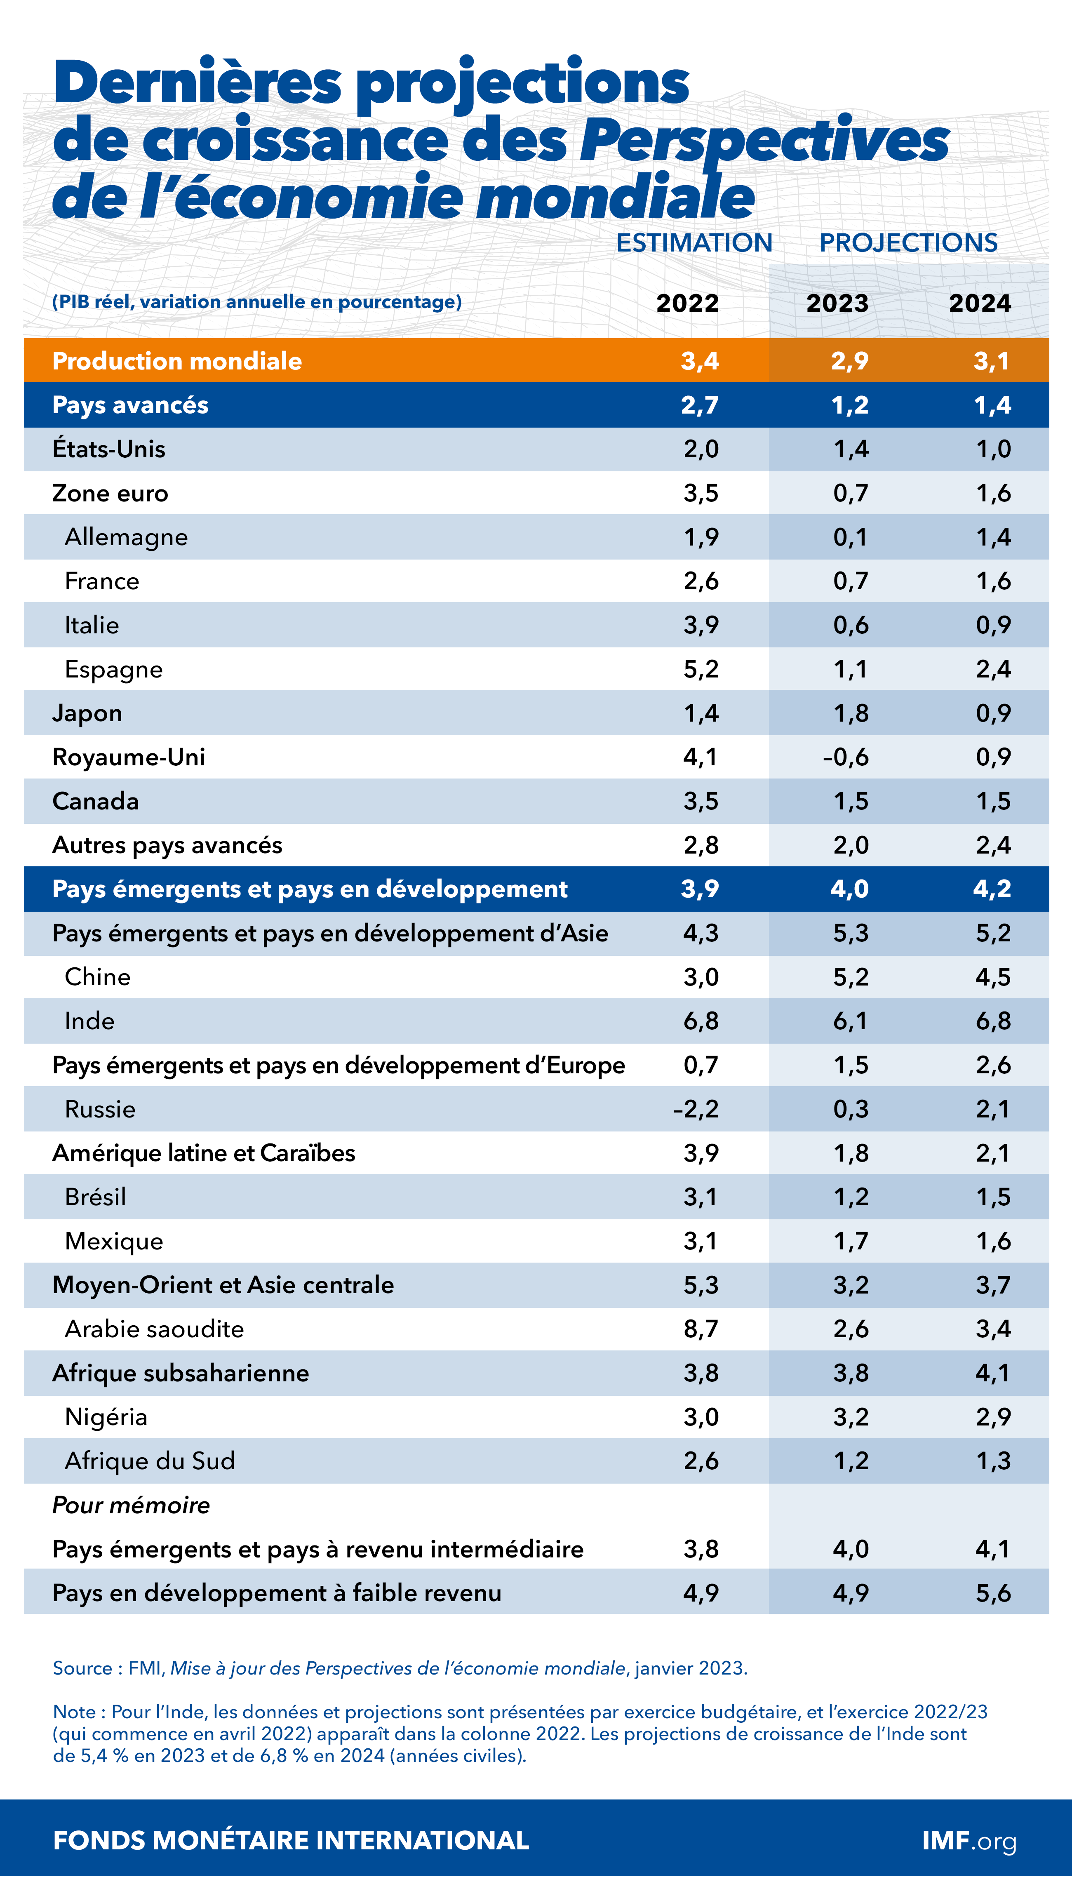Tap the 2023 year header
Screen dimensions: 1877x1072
[x=837, y=303]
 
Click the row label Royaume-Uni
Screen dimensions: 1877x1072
[x=129, y=757]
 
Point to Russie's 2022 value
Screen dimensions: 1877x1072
[x=696, y=1109]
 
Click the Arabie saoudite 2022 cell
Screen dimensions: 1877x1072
[x=701, y=1329]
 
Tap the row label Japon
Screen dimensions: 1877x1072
[x=87, y=713]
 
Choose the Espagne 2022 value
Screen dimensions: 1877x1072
[x=701, y=669]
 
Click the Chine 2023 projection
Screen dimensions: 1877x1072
[x=850, y=977]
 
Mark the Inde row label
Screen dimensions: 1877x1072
[x=90, y=1021]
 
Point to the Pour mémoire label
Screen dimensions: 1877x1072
[x=131, y=1505]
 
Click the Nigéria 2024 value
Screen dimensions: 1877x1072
[x=993, y=1417]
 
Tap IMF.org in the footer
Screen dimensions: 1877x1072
[x=969, y=1841]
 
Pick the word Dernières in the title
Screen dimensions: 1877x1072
[x=197, y=82]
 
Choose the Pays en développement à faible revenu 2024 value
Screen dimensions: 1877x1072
[x=993, y=1593]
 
